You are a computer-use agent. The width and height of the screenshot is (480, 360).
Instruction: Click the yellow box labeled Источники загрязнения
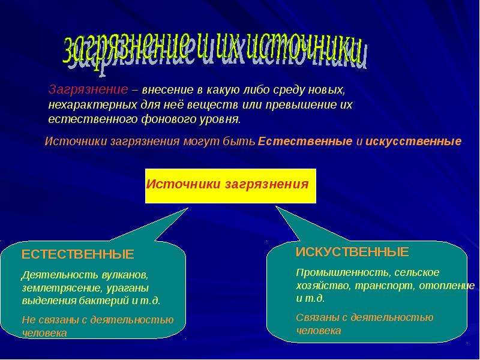click(230, 186)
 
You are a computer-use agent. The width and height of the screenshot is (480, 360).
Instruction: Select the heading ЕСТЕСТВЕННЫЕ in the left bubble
click(78, 254)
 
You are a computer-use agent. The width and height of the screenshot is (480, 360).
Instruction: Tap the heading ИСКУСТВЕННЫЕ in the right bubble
click(352, 252)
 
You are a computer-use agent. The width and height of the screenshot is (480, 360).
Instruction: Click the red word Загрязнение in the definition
click(88, 89)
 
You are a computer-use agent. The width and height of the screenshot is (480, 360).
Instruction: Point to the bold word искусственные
click(413, 142)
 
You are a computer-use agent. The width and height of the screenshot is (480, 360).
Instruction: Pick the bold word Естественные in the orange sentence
click(305, 142)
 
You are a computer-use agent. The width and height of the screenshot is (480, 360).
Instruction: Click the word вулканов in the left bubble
click(125, 275)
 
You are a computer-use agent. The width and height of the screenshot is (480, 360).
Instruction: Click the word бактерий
click(104, 301)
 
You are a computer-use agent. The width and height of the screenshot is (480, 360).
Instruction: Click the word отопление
click(447, 286)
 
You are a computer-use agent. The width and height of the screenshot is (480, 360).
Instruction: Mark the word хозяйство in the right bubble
click(324, 286)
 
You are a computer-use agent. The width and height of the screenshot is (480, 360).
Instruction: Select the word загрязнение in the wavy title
click(125, 49)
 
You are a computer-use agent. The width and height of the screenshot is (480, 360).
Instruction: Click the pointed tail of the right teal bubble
click(277, 207)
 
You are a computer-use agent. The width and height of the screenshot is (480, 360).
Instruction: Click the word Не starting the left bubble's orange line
click(29, 320)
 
